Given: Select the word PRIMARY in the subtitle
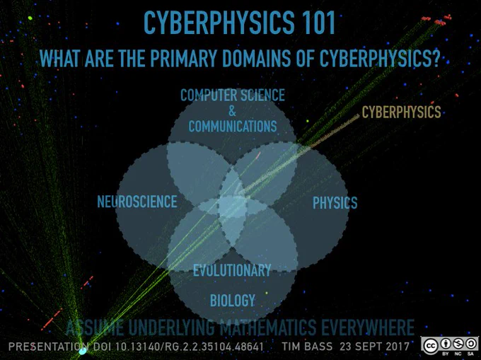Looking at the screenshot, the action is click(x=182, y=58).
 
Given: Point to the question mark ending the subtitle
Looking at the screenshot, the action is click(x=435, y=58).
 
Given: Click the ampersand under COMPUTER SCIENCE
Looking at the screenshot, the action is click(x=232, y=111).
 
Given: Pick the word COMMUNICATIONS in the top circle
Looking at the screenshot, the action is click(x=233, y=127).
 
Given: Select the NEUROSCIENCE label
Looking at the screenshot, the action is click(x=137, y=202).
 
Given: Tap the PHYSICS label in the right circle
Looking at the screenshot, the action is click(x=335, y=203).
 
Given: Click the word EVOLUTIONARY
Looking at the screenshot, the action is click(x=232, y=270).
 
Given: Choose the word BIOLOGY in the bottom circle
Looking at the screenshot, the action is click(x=233, y=300).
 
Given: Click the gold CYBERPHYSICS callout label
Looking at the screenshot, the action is click(x=401, y=112).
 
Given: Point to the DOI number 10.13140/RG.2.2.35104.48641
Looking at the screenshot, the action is click(x=190, y=347).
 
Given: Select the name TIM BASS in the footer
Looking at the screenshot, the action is click(x=307, y=347).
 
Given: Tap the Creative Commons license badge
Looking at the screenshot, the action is click(x=449, y=346).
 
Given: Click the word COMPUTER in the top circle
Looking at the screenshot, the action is click(x=209, y=95).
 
